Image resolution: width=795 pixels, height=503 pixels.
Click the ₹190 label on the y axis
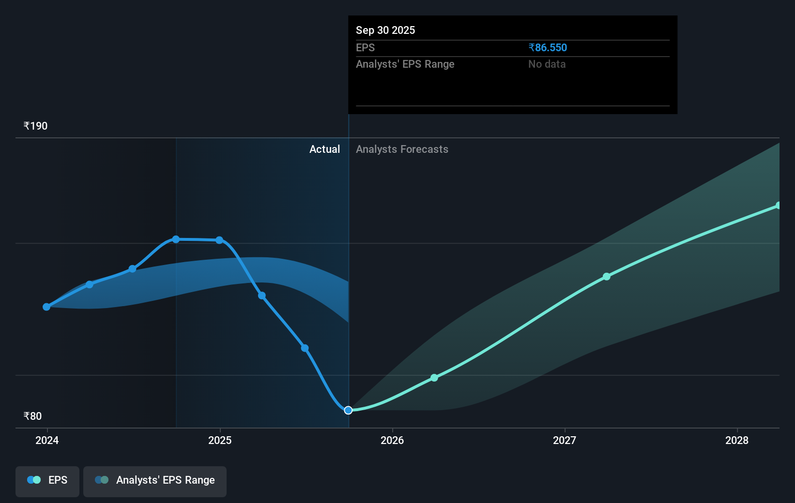pyautogui.click(x=36, y=126)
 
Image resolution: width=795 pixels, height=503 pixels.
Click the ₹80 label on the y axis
pyautogui.click(x=33, y=416)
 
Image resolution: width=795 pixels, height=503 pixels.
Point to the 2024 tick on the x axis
pyautogui.click(x=47, y=440)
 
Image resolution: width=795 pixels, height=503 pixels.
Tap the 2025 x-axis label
pyautogui.click(x=220, y=440)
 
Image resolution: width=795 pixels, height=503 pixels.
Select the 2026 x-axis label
pyautogui.click(x=392, y=440)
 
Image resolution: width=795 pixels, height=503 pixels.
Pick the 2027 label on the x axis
pyautogui.click(x=565, y=440)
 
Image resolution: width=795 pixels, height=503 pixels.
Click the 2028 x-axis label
pyautogui.click(x=737, y=440)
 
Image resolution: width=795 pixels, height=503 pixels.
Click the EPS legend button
pyautogui.click(x=47, y=480)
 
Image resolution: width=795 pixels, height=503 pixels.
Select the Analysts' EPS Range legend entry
pyautogui.click(x=155, y=480)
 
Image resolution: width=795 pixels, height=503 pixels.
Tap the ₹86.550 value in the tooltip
pyautogui.click(x=548, y=48)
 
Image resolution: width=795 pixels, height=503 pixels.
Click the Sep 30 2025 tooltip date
pyautogui.click(x=385, y=30)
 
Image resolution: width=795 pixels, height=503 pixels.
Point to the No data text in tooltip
pyautogui.click(x=547, y=64)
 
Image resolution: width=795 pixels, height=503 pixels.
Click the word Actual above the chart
pyautogui.click(x=324, y=149)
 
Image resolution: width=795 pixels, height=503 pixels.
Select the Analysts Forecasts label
pyautogui.click(x=402, y=149)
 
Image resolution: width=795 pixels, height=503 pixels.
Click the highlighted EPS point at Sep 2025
pyautogui.click(x=348, y=410)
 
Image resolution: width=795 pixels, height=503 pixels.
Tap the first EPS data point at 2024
pyautogui.click(x=46, y=307)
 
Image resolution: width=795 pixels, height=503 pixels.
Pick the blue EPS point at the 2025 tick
pyautogui.click(x=219, y=240)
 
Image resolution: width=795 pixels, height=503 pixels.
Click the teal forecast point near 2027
pyautogui.click(x=607, y=277)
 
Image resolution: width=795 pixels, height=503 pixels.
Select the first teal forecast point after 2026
pyautogui.click(x=434, y=378)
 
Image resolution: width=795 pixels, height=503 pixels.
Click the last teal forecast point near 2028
pyautogui.click(x=778, y=206)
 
